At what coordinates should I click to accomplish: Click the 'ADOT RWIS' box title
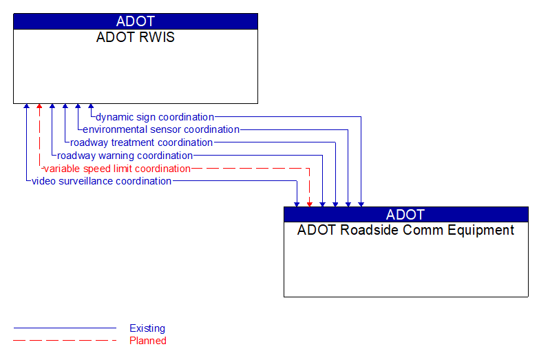point(136,37)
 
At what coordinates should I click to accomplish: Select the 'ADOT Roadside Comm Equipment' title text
point(405,230)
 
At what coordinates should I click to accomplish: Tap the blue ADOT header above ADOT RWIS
point(136,21)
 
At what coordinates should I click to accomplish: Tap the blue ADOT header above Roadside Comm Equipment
point(405,214)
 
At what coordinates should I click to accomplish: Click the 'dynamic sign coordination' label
point(155,117)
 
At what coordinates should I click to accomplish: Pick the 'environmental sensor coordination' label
point(161,129)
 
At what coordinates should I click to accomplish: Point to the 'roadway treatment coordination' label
point(141,142)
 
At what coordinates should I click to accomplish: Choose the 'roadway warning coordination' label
point(125,156)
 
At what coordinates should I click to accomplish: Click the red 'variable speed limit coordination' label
point(117,168)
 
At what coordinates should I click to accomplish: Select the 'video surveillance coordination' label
point(102,181)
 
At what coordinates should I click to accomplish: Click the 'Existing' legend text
point(147,328)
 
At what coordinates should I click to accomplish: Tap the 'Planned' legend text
point(148,340)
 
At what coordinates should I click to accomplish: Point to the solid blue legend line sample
point(65,328)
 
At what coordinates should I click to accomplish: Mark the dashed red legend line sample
point(65,340)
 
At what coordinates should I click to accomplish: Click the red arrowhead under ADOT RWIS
point(39,107)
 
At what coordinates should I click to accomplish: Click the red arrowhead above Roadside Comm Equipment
point(310,204)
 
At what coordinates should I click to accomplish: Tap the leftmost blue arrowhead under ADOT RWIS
point(26,107)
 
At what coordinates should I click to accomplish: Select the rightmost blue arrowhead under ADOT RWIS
point(91,107)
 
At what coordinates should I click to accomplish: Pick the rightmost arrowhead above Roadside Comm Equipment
point(361,204)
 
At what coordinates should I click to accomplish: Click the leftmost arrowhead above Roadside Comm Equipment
point(297,204)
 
